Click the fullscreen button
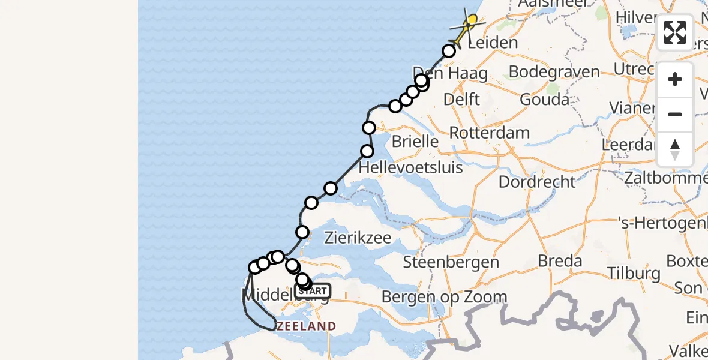coord(675,32)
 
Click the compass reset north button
coord(675,149)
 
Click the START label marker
coord(313,291)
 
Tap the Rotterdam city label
coord(489,133)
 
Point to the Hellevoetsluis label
coord(410,167)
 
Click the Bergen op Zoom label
coord(444,296)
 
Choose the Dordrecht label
coord(537,181)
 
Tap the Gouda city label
coord(544,99)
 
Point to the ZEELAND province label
coord(306,326)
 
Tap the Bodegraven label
coord(554,72)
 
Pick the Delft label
coord(461,99)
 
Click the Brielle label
coord(415,142)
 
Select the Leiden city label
coord(492,43)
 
